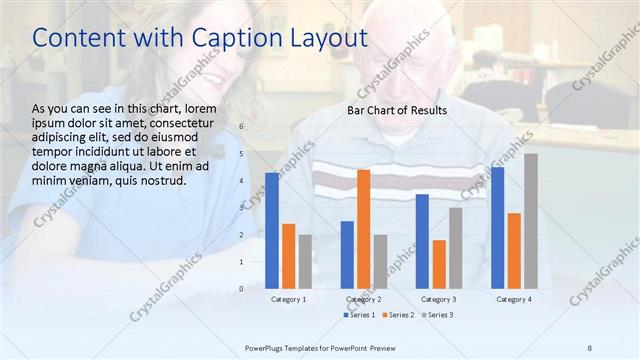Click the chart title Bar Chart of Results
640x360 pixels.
pyautogui.click(x=397, y=110)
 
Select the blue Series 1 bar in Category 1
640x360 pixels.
pyautogui.click(x=272, y=230)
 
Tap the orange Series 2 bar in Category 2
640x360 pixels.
pyautogui.click(x=363, y=229)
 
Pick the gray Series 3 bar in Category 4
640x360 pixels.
pyautogui.click(x=531, y=221)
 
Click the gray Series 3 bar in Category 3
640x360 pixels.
pyautogui.click(x=455, y=248)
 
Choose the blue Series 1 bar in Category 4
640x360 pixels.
pyautogui.click(x=497, y=228)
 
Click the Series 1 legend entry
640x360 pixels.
pyautogui.click(x=360, y=315)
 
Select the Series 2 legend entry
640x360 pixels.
pyautogui.click(x=397, y=315)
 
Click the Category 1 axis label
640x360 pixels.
pyautogui.click(x=289, y=299)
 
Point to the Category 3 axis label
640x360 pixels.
pyautogui.click(x=439, y=299)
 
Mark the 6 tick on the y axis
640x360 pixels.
pyautogui.click(x=241, y=127)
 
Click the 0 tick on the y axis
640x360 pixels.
pyautogui.click(x=241, y=288)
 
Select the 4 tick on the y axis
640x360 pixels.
pyautogui.click(x=241, y=181)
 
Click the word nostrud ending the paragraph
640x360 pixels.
pyautogui.click(x=160, y=180)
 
